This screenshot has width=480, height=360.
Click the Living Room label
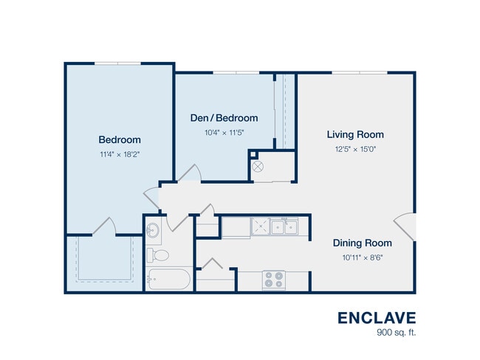pyautogui.click(x=355, y=134)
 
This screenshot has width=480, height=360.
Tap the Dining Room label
pyautogui.click(x=363, y=243)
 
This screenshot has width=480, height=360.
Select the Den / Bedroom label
pyautogui.click(x=224, y=118)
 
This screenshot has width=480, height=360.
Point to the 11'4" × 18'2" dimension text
pyautogui.click(x=120, y=154)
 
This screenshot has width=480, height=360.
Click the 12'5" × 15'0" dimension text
pyautogui.click(x=355, y=149)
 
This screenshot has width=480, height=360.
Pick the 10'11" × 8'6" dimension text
pyautogui.click(x=363, y=257)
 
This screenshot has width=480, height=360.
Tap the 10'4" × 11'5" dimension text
pyautogui.click(x=224, y=133)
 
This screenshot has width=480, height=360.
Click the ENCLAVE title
pyautogui.click(x=377, y=318)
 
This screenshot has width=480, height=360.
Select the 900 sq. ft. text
pyautogui.click(x=397, y=332)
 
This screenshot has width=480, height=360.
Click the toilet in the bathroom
pyautogui.click(x=157, y=255)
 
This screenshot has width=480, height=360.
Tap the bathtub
pyautogui.click(x=168, y=279)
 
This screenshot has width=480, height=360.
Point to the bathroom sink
pyautogui.click(x=153, y=230)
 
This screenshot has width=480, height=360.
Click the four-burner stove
pyautogui.click(x=274, y=280)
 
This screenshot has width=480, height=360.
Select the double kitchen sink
pyautogui.click(x=284, y=227)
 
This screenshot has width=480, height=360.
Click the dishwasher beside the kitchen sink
pyautogui.click(x=260, y=226)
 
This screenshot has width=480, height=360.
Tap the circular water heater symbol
pyautogui.click(x=258, y=167)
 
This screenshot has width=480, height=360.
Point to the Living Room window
pyautogui.click(x=360, y=73)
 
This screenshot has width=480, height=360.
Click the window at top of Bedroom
pyautogui.click(x=118, y=63)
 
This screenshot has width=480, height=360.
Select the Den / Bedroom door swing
pyautogui.click(x=190, y=173)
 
